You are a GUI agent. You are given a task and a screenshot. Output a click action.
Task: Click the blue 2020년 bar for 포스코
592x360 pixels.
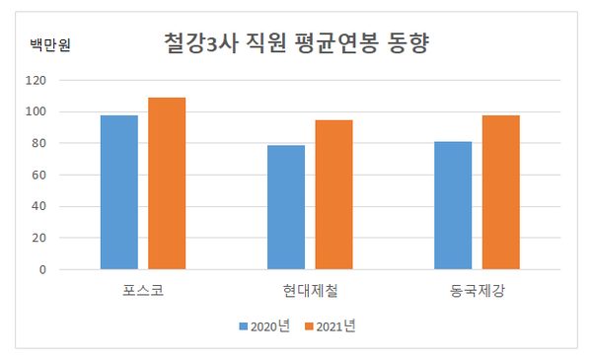click(x=119, y=192)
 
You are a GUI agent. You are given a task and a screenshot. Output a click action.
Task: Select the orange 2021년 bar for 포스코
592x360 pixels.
click(x=167, y=183)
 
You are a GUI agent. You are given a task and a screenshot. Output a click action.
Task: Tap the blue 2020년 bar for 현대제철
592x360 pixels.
click(x=286, y=207)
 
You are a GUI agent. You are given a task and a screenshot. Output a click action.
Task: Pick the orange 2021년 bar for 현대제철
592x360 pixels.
click(x=333, y=194)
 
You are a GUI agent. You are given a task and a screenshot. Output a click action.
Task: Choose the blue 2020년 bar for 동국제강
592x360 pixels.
click(x=453, y=205)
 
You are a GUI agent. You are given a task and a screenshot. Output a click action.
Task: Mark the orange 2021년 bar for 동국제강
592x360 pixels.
click(x=500, y=192)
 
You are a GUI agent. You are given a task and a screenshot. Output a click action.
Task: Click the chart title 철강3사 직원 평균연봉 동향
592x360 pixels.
click(x=295, y=44)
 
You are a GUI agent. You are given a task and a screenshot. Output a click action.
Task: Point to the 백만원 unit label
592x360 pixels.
click(x=50, y=45)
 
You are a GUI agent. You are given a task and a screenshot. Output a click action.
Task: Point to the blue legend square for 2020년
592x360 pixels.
click(x=243, y=326)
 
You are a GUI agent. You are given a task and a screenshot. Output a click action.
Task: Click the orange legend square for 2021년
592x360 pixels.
click(x=309, y=326)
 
